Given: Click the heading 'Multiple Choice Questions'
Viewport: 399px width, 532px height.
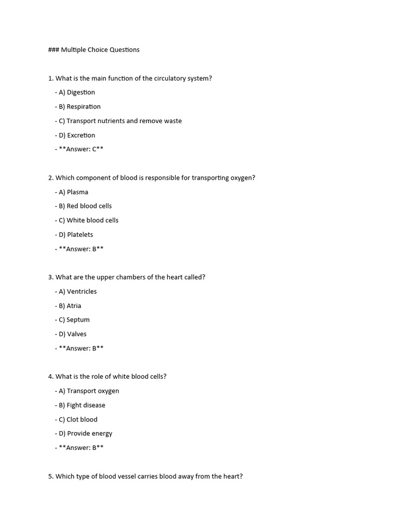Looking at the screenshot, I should click(x=100, y=50).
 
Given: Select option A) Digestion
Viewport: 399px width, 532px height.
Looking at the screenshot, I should click(x=76, y=92).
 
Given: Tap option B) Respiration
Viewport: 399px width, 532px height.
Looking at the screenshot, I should click(x=79, y=107).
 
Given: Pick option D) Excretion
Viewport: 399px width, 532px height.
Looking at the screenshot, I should click(x=76, y=135).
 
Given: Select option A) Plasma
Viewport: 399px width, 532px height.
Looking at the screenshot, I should click(x=73, y=192).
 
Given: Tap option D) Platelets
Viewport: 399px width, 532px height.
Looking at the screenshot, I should click(x=76, y=235).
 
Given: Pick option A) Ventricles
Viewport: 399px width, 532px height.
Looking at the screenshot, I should click(x=77, y=291).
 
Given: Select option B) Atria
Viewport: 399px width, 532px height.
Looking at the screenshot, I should click(x=70, y=306).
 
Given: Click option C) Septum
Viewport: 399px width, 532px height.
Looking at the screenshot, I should click(x=74, y=320).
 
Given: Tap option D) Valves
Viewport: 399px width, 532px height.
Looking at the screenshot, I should click(x=73, y=334).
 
